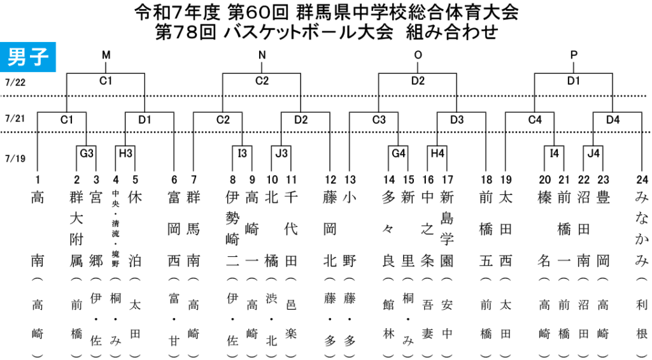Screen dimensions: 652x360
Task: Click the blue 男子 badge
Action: [x=28, y=57]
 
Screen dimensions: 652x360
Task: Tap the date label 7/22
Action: [x=15, y=82]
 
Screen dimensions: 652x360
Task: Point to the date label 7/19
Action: [x=15, y=159]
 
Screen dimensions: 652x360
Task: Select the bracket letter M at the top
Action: [x=106, y=55]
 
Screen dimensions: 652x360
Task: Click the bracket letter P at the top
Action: [x=574, y=55]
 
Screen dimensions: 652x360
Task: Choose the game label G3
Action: [x=87, y=154]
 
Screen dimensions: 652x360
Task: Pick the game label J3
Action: [x=281, y=154]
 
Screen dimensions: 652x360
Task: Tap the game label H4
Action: [x=437, y=154]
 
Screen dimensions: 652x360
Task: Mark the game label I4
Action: [x=555, y=154]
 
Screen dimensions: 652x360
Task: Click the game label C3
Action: [x=379, y=120]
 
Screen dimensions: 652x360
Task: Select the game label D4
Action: [x=613, y=120]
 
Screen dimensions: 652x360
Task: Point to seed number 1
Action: [x=38, y=180]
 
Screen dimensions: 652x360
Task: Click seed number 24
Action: [x=642, y=180]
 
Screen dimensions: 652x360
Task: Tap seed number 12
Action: [x=330, y=180]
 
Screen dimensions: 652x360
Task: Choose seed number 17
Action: [x=447, y=180]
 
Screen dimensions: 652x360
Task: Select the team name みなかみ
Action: [x=642, y=229]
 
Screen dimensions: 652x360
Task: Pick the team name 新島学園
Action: [x=447, y=229]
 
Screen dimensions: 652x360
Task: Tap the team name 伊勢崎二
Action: [x=233, y=229]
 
